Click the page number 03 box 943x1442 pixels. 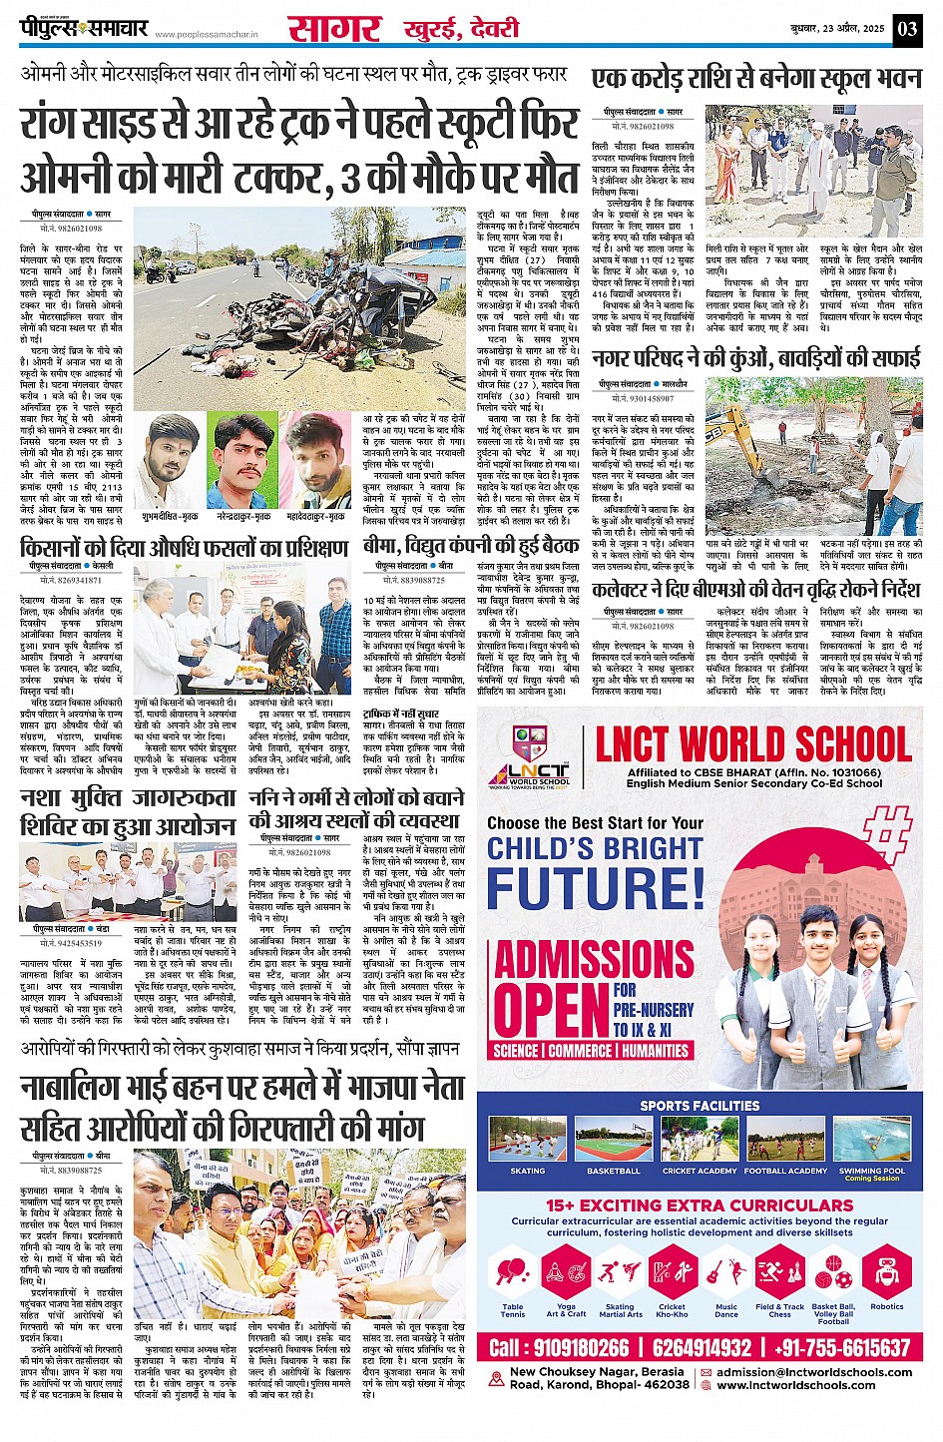pos(907,29)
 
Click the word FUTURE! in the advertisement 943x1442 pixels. pos(596,890)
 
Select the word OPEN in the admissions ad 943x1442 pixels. pos(551,1009)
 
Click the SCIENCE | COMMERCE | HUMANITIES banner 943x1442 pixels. pos(592,1051)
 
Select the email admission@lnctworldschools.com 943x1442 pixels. pos(814,1372)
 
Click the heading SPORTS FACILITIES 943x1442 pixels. pos(700,1106)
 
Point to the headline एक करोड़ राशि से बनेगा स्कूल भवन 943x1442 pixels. pos(755,80)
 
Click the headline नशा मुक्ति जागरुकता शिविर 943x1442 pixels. pos(128,811)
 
